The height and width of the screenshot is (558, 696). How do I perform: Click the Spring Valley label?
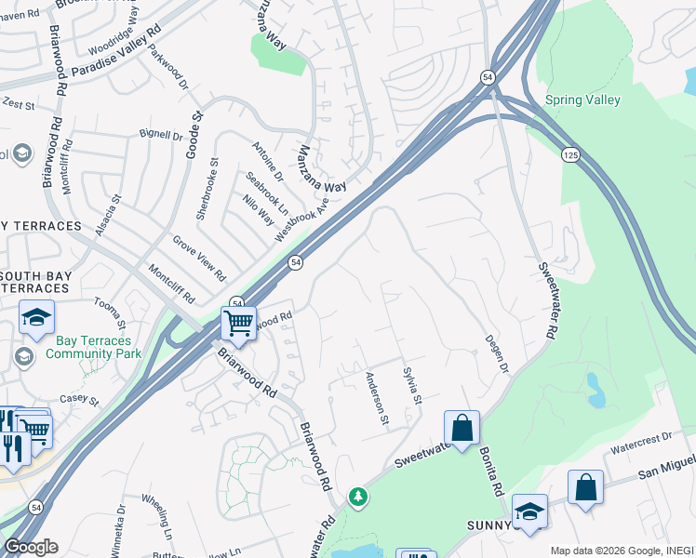pos(582,100)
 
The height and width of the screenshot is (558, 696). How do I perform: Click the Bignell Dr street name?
pos(161,136)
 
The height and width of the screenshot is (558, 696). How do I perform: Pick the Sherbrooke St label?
pos(207,188)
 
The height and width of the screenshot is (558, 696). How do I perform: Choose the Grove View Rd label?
pos(199,258)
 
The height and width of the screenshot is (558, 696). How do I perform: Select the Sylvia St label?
pos(412,386)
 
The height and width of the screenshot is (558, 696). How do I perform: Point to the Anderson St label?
pos(377,398)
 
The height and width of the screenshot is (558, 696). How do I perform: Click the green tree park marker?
pos(357,498)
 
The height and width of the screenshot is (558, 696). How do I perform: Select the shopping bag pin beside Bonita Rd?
pos(462,429)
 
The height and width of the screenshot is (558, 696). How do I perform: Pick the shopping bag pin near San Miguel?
pos(585,488)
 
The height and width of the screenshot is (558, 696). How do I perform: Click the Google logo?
pos(30,547)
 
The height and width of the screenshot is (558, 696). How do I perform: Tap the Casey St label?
pos(79,400)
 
